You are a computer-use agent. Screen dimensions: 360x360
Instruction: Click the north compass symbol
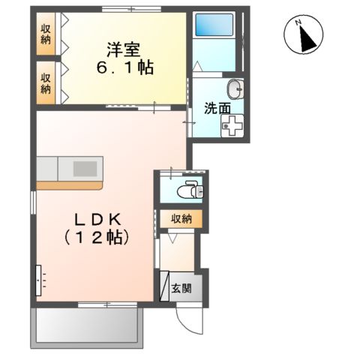click(x=304, y=36)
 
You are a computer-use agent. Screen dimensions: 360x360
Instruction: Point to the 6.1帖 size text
click(x=125, y=67)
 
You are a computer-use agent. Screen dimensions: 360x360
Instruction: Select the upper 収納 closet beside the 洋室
click(x=46, y=35)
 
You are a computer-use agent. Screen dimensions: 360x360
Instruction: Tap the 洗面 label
click(x=217, y=107)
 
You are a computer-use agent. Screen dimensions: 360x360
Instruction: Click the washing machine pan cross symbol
click(x=231, y=126)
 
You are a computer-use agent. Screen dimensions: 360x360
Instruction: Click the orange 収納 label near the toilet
click(x=181, y=219)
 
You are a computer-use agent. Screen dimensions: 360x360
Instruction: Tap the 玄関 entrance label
click(x=182, y=288)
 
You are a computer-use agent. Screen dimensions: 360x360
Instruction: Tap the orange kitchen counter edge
click(x=71, y=184)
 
